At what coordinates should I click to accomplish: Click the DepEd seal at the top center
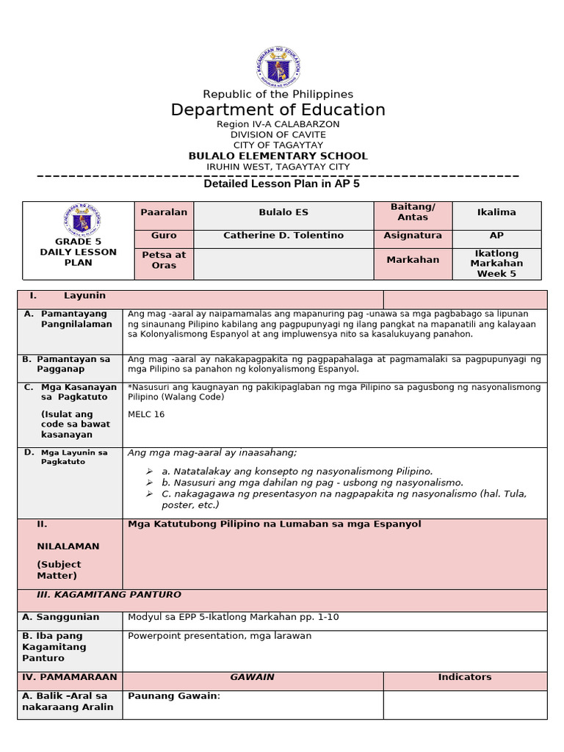(x=278, y=68)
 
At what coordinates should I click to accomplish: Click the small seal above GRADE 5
(x=82, y=219)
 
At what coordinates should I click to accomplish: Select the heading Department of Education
(x=278, y=110)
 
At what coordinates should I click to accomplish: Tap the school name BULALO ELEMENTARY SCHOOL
(x=278, y=156)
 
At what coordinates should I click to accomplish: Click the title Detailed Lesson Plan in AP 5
(x=281, y=184)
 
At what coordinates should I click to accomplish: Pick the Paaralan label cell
(x=164, y=212)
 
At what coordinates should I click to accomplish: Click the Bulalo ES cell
(x=283, y=212)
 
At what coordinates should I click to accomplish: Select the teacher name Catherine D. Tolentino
(x=283, y=236)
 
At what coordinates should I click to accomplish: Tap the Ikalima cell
(x=496, y=212)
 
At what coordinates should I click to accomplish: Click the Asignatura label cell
(x=413, y=236)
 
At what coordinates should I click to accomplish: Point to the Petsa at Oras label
(x=164, y=260)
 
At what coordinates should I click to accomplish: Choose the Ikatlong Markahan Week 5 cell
(x=496, y=263)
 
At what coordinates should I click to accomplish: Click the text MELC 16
(x=146, y=414)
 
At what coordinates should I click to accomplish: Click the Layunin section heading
(x=84, y=295)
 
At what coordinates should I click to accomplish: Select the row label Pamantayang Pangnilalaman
(x=76, y=319)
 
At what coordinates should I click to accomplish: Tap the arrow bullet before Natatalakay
(x=149, y=471)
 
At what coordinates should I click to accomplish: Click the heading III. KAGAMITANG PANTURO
(x=109, y=595)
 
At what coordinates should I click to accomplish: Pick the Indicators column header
(x=465, y=677)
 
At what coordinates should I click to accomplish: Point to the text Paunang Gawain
(x=173, y=695)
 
